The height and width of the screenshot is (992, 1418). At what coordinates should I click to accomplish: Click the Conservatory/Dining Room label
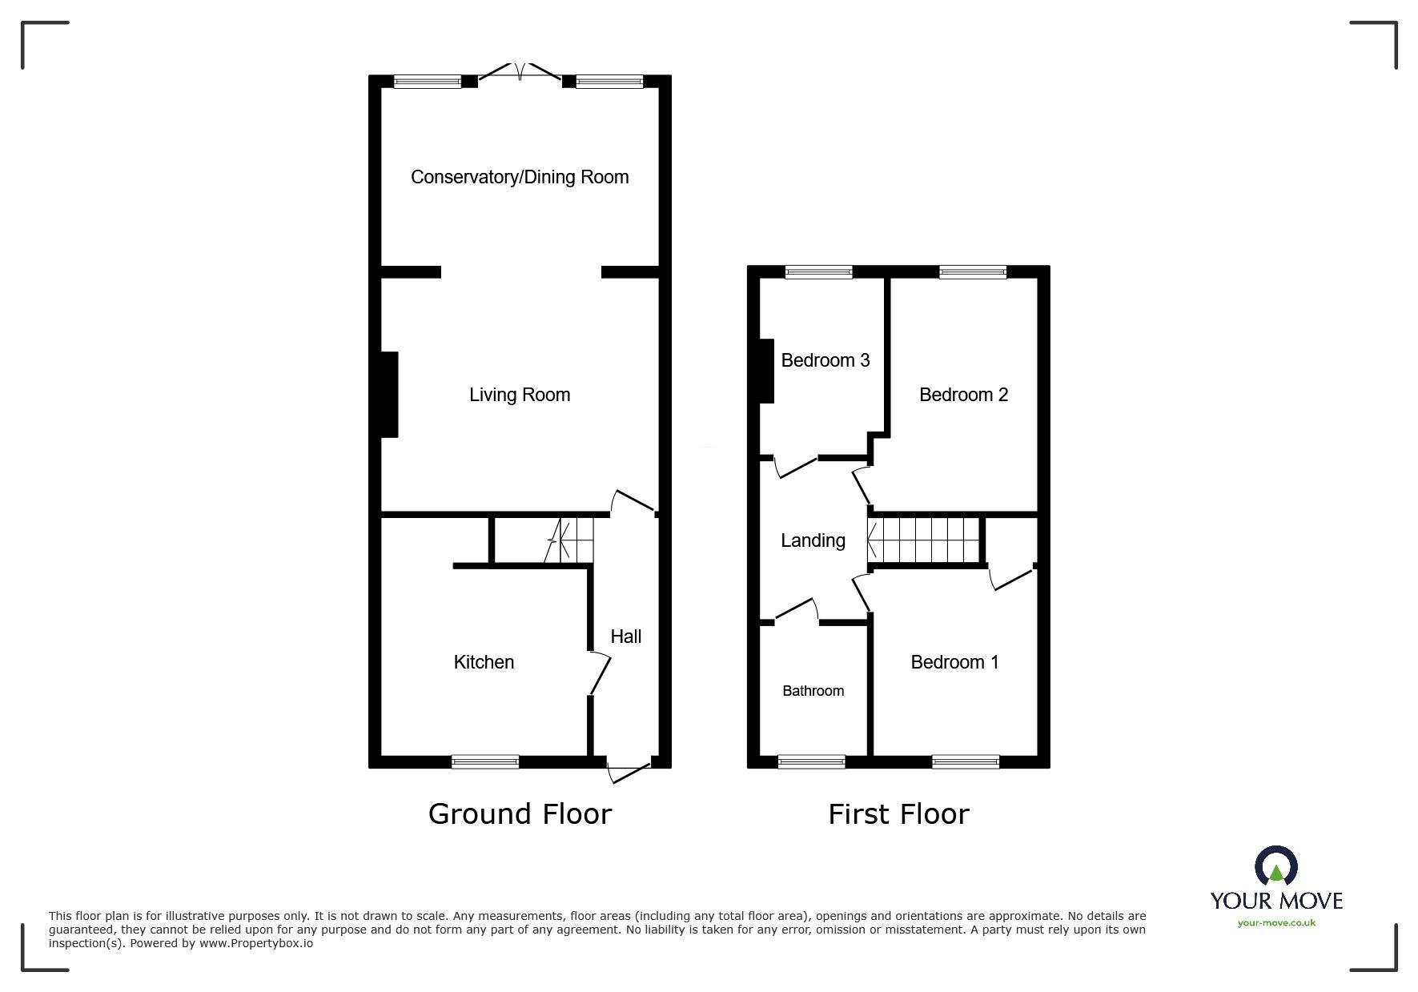coord(520,177)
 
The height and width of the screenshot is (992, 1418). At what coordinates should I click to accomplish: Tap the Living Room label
coord(520,395)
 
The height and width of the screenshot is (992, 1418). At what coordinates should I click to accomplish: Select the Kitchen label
coord(484,662)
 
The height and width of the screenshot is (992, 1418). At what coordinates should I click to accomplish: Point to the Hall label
coord(626,637)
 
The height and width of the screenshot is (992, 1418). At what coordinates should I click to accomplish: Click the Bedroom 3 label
coord(825,360)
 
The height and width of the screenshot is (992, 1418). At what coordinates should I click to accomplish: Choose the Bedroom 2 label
coord(963,395)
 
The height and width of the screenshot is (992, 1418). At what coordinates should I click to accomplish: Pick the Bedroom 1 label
coord(954,662)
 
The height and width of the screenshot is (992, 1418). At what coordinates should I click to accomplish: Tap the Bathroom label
coord(813,691)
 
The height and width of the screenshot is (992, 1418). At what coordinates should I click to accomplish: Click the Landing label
coord(813,540)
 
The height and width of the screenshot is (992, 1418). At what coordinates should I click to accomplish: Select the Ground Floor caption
coord(520,814)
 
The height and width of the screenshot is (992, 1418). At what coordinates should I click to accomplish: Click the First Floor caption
coord(898,814)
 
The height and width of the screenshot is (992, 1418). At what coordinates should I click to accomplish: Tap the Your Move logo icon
coord(1275,867)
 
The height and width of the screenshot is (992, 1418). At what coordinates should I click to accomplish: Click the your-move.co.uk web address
coord(1276,922)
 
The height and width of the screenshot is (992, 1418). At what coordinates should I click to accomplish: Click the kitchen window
coord(485,761)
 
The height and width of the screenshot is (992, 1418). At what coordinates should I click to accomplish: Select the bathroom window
coord(811,761)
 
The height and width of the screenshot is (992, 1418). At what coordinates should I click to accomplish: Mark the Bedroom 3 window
coord(819,272)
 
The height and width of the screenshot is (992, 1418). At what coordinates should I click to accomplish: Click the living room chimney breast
coord(389,395)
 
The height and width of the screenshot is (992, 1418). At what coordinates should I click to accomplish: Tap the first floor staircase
coord(926,540)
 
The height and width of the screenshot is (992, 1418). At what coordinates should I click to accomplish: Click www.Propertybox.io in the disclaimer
coord(256,943)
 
